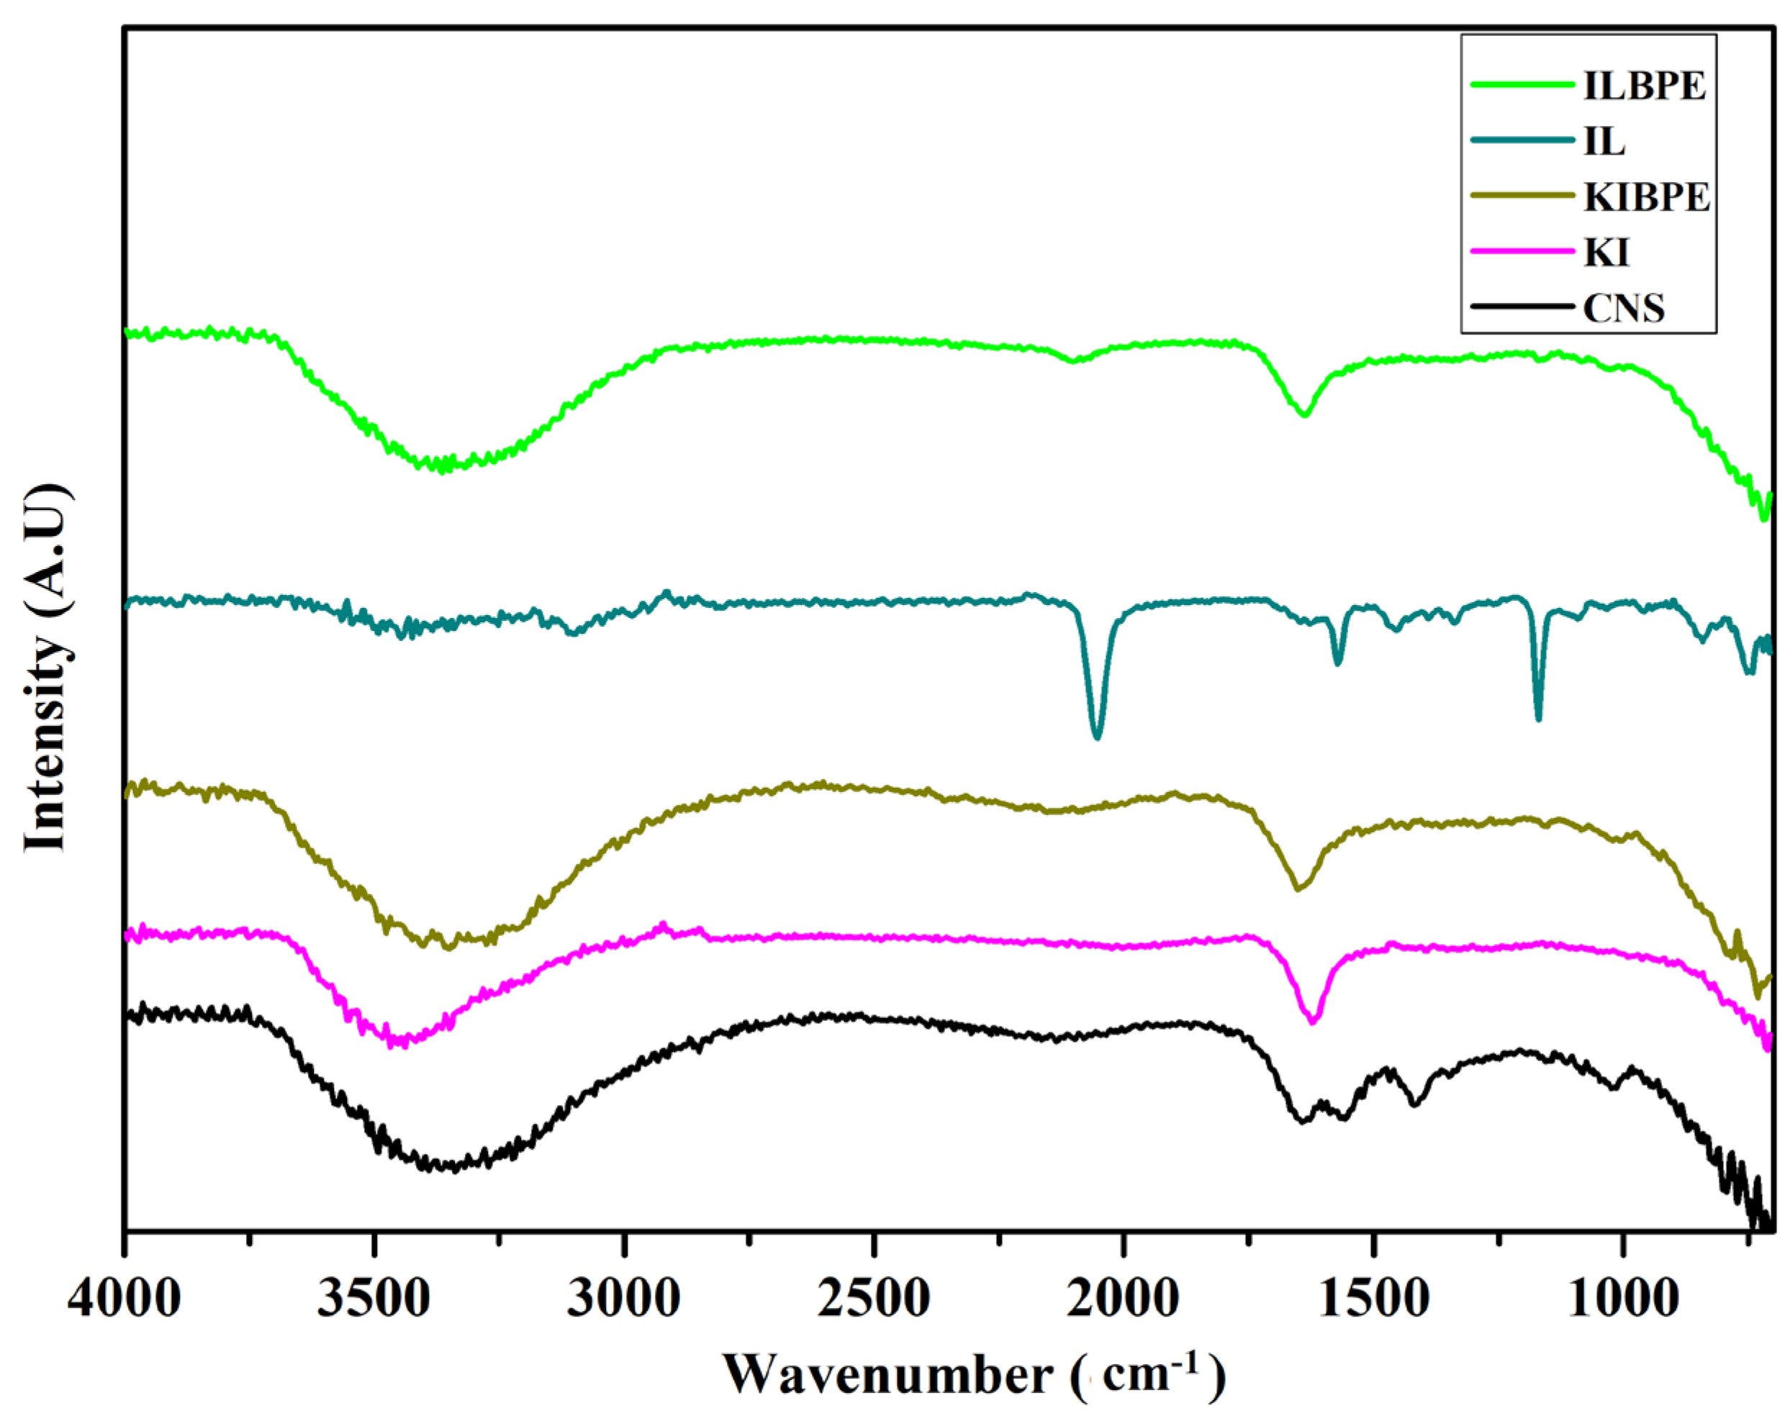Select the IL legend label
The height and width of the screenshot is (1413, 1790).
(1604, 142)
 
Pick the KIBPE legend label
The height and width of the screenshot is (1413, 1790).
(1646, 198)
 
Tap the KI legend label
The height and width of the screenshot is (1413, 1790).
(1606, 252)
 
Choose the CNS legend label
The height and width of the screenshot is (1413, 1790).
(1624, 308)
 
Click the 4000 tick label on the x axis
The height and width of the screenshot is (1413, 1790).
(124, 1298)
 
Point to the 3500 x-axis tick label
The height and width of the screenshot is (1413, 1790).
(375, 1298)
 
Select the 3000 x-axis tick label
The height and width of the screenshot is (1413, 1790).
(624, 1298)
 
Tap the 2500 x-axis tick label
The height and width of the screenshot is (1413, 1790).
(874, 1298)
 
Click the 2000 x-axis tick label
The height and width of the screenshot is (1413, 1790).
(1124, 1298)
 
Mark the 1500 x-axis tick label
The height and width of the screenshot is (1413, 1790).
(1374, 1298)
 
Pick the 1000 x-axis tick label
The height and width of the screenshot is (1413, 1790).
(1624, 1298)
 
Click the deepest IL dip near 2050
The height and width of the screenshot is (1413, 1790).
(1098, 735)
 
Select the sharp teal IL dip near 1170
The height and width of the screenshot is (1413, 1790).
(1538, 717)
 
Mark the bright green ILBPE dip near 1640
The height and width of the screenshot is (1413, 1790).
(1305, 414)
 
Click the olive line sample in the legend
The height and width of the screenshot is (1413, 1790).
(1521, 198)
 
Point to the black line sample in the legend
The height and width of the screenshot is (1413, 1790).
(1521, 307)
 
